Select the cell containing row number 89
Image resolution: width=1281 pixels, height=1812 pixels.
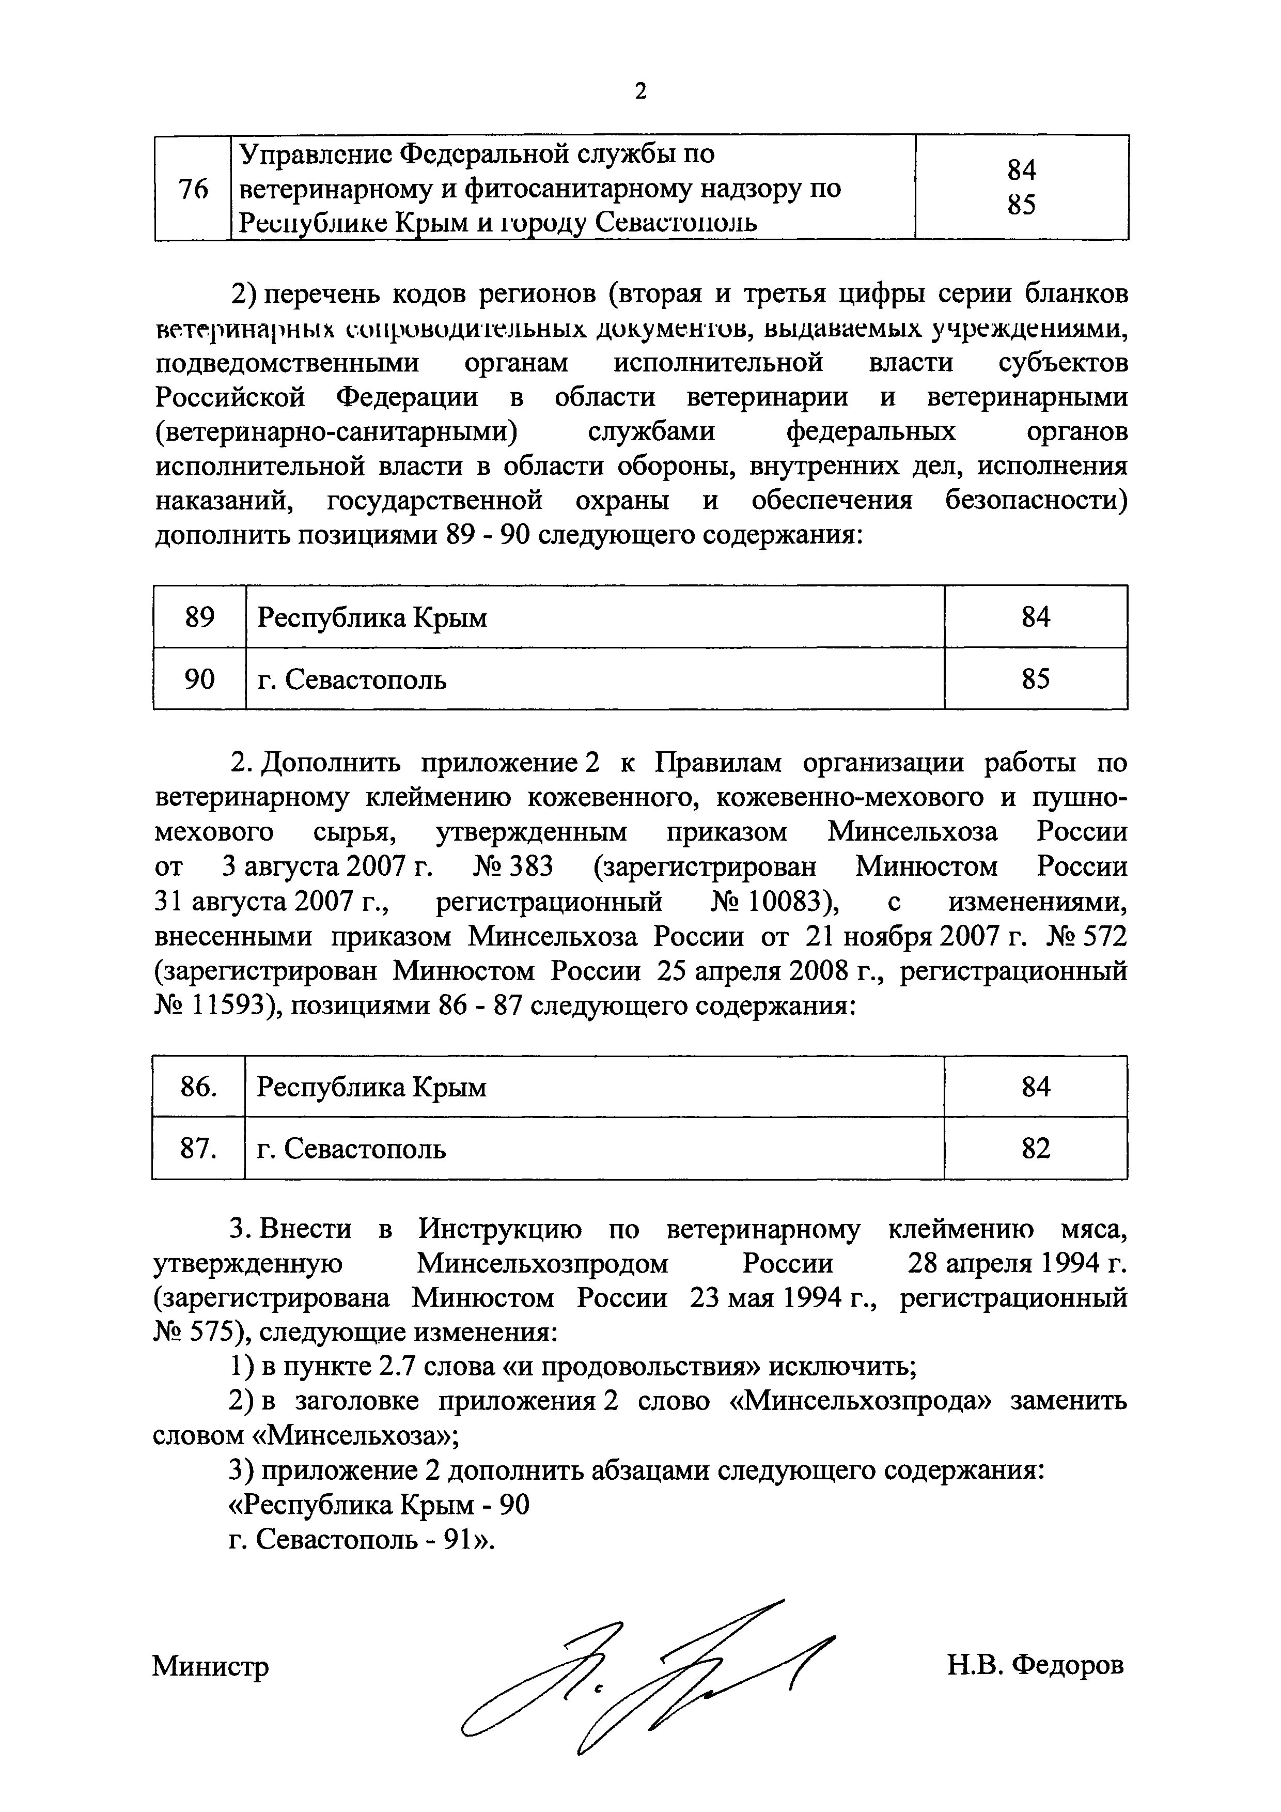tap(199, 616)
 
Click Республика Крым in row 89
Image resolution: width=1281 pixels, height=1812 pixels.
tap(372, 616)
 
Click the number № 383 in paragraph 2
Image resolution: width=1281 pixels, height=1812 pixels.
tap(513, 866)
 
